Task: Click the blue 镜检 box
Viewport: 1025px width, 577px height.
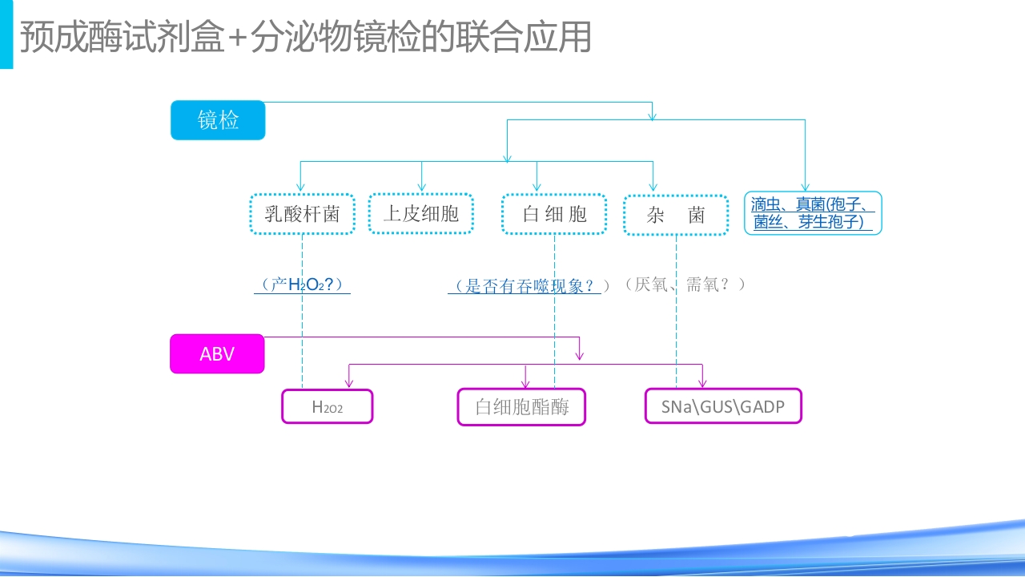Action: (x=218, y=120)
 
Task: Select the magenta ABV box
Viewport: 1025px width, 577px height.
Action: (x=217, y=353)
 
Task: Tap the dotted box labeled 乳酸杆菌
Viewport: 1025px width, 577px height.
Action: (x=302, y=214)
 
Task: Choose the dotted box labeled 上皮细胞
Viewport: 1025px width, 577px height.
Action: (x=420, y=213)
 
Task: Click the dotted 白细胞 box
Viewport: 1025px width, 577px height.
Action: (x=554, y=214)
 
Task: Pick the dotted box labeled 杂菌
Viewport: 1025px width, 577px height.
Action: (x=676, y=215)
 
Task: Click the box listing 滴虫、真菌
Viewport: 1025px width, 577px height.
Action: (x=813, y=213)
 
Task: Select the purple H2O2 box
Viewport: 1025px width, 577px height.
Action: (x=328, y=406)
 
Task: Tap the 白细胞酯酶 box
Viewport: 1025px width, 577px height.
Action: (x=521, y=406)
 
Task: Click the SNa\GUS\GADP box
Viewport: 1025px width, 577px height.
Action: (x=723, y=406)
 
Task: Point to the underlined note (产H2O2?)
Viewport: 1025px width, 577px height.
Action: (x=302, y=284)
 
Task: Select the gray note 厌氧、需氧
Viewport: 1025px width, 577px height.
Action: (x=685, y=284)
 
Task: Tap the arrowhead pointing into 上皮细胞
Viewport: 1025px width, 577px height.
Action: (x=421, y=188)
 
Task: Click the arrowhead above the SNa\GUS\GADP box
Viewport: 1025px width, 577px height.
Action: (x=702, y=384)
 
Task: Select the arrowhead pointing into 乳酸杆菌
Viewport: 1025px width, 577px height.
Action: (x=301, y=188)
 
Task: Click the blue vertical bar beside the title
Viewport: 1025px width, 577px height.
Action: (x=6, y=34)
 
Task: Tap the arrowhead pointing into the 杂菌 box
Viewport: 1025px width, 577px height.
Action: (x=653, y=188)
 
